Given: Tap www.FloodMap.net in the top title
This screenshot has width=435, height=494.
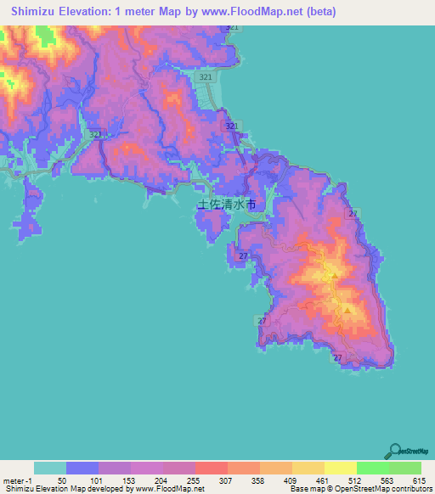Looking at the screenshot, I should coord(257,12).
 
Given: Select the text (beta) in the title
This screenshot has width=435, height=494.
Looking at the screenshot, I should coord(319,12).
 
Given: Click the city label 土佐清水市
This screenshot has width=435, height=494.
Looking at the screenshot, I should coord(226,205).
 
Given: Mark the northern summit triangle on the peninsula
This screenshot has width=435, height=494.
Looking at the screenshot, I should coord(335,276).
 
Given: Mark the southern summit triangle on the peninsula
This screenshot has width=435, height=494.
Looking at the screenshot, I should coord(347,310).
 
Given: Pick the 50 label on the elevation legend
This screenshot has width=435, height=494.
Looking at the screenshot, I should coord(61,480).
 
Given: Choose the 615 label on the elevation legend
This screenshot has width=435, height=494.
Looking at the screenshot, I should coord(417,480).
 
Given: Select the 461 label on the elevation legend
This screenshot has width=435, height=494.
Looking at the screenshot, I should coord(319,480).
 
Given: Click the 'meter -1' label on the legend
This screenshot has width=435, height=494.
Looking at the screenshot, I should coord(18,480).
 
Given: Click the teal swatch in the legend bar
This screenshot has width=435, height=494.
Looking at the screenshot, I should coord(49,468).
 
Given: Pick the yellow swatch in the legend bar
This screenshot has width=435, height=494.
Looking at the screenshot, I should coord(340,468).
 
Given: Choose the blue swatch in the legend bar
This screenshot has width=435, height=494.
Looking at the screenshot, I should coord(82,468).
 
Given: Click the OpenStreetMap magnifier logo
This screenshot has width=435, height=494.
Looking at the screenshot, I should coord(396,451).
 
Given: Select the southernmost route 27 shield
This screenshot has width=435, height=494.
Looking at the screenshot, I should coord(338,358).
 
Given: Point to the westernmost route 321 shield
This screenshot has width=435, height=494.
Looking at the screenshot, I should coord(95,134).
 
